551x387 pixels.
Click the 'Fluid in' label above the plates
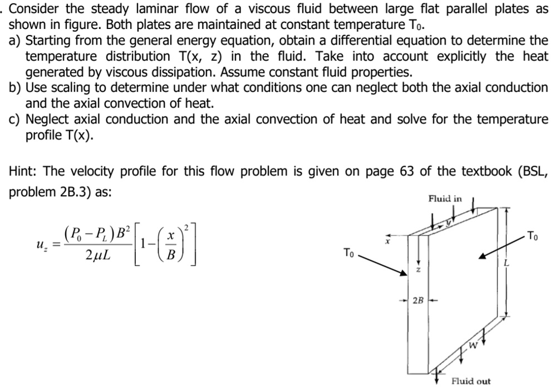pos(445,199)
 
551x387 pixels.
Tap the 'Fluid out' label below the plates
pos(471,381)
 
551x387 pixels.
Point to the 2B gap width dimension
pos(418,301)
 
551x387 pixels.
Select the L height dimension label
pos(506,263)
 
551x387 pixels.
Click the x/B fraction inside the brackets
pos(172,245)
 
